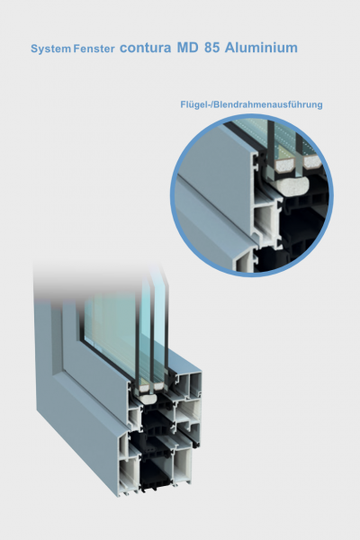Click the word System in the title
tap(50, 49)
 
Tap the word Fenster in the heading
tap(94, 49)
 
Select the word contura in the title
tap(145, 48)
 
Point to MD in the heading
tap(188, 48)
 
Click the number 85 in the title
tap(211, 48)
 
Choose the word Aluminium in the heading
tap(261, 48)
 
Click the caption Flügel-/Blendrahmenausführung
tap(251, 104)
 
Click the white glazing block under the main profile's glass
tap(148, 399)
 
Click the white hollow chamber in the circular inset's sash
tap(265, 220)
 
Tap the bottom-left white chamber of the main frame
tap(130, 473)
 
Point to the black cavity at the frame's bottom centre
tap(155, 474)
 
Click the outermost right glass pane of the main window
tap(160, 328)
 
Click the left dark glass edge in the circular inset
tap(271, 144)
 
